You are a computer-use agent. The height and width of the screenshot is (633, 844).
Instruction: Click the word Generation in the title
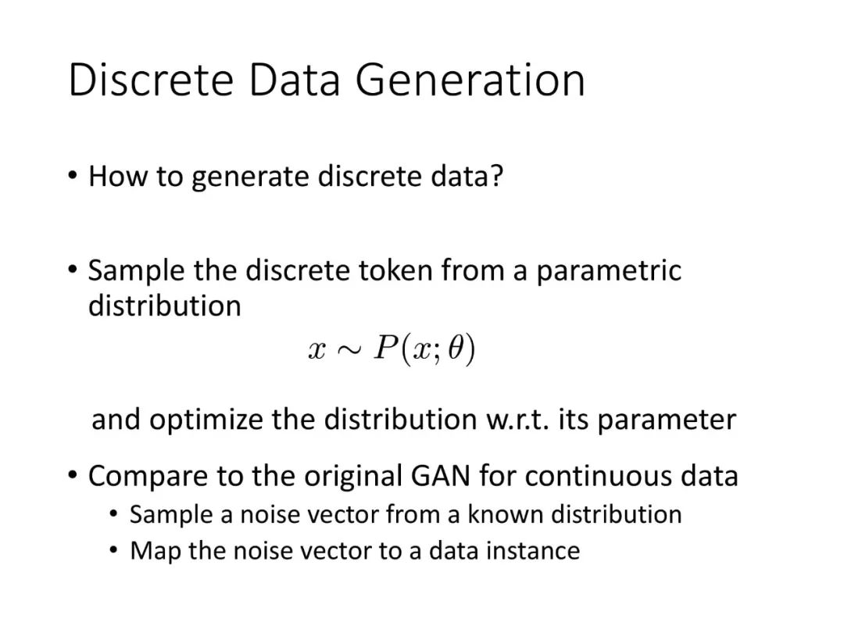470,80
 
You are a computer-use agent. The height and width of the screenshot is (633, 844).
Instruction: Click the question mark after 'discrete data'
496,176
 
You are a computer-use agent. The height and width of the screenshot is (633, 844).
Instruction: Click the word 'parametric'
608,271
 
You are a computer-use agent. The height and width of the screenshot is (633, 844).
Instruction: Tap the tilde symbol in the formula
349,350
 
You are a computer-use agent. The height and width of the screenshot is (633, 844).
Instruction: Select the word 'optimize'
206,420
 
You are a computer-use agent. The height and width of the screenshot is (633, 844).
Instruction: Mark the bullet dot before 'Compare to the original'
73,475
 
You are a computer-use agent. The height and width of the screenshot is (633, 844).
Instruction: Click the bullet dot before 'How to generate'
73,176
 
